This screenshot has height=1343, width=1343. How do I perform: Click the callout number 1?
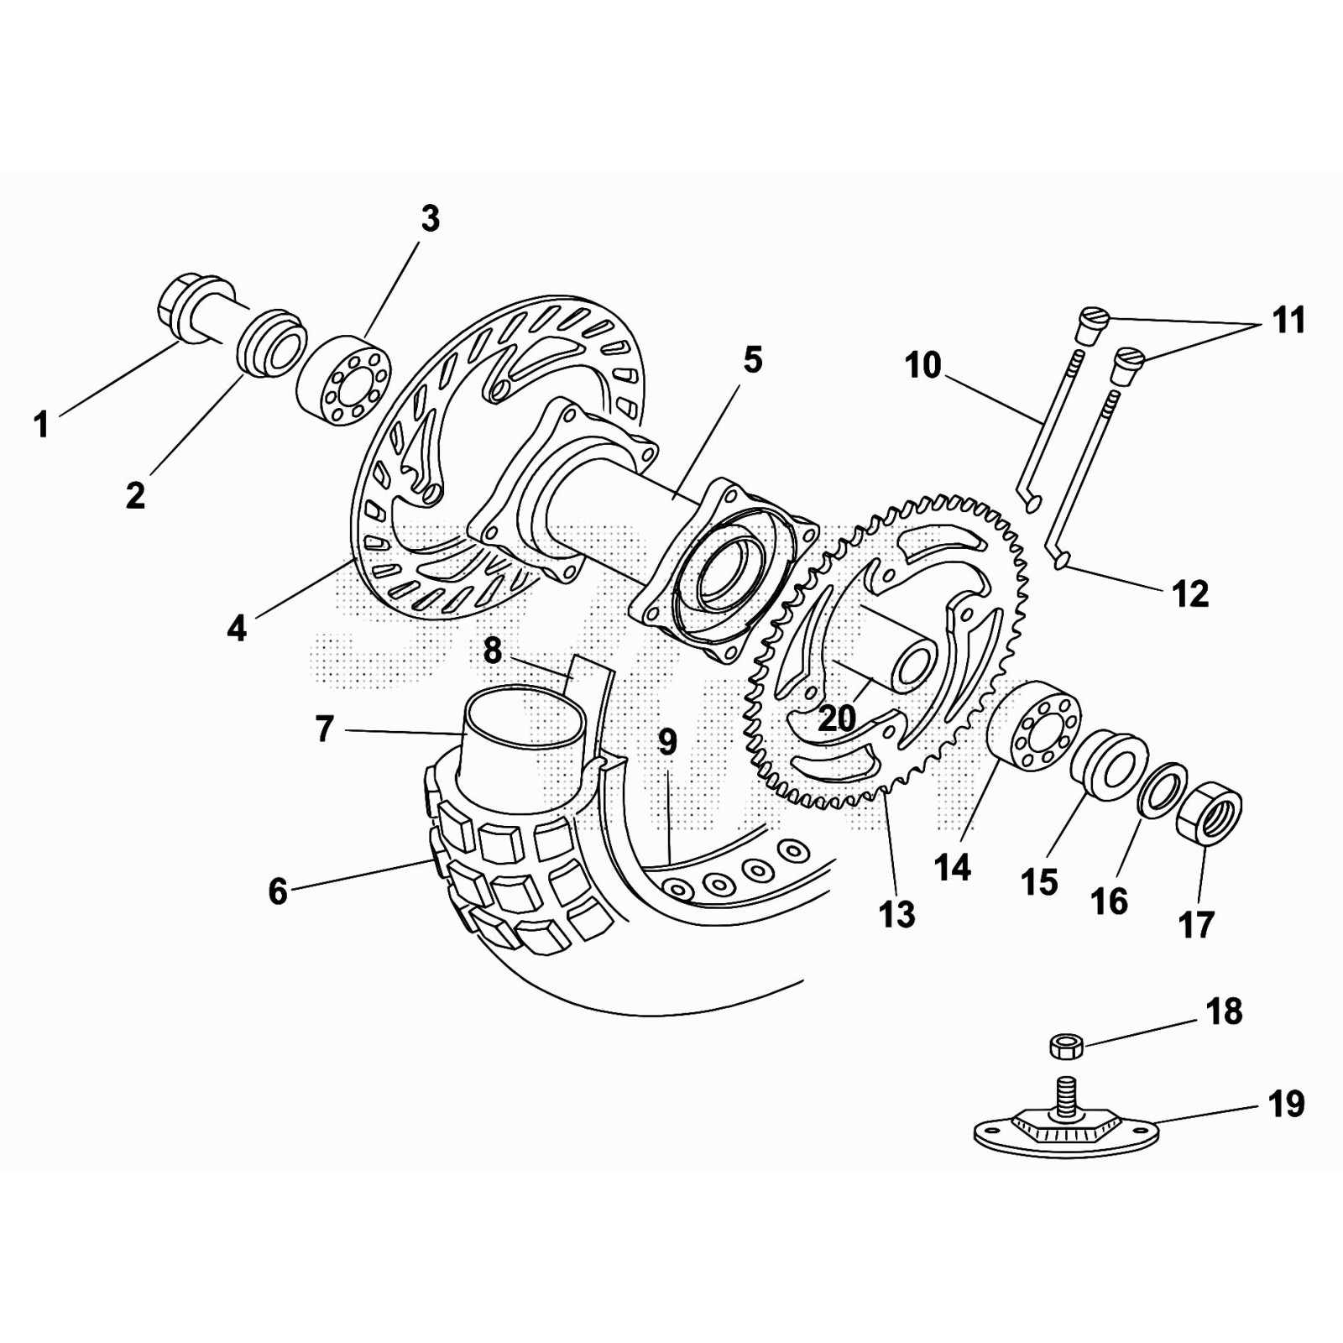[41, 425]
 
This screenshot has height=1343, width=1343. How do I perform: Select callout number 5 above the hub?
[752, 360]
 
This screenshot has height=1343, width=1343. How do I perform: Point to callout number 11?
[1288, 321]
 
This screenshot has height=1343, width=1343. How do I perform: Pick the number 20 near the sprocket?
[836, 718]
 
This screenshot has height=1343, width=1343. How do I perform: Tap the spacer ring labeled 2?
[270, 344]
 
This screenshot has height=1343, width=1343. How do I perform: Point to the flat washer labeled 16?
[1161, 789]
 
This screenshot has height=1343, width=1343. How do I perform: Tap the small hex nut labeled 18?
[1066, 1046]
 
